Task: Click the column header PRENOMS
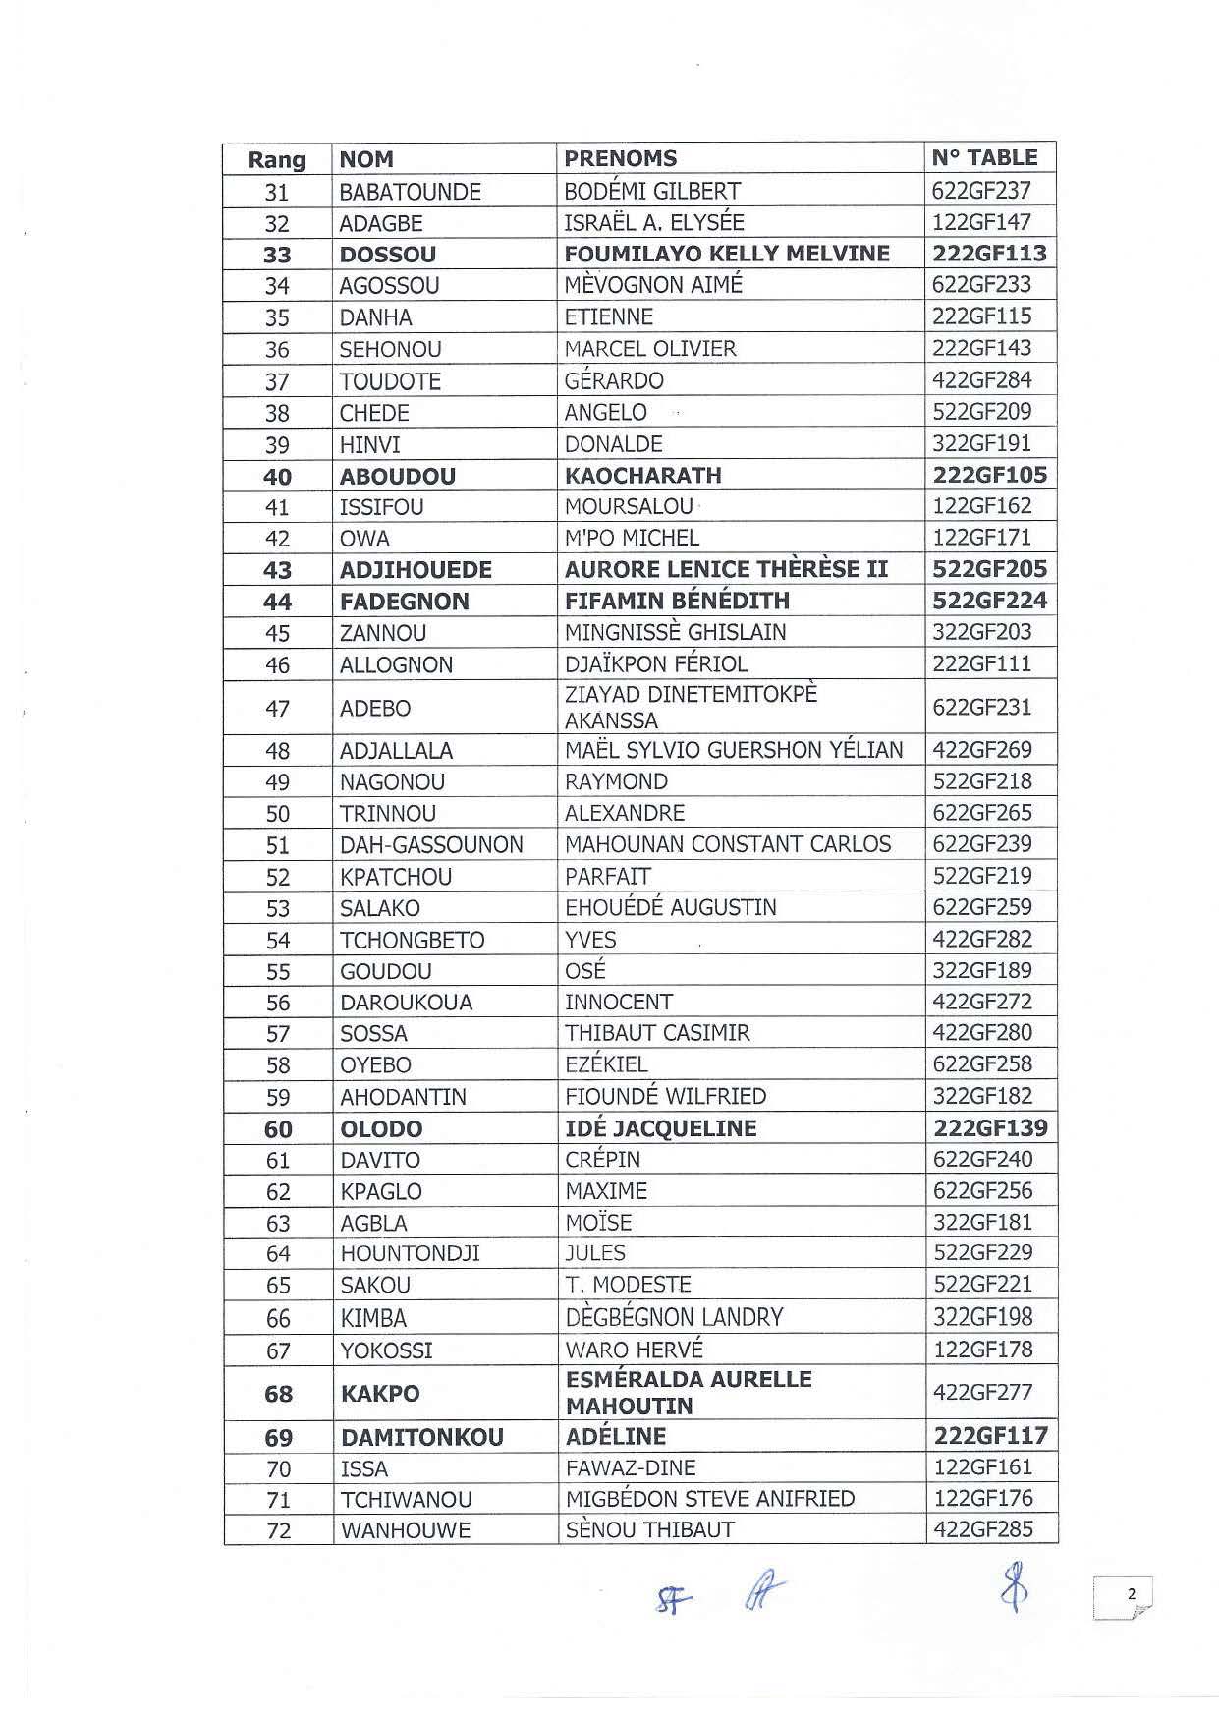(x=621, y=158)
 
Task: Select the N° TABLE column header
(x=984, y=158)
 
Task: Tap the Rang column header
(x=276, y=160)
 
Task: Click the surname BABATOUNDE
(x=410, y=192)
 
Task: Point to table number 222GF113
(x=989, y=254)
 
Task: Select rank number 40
(x=277, y=477)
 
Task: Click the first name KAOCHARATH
(x=642, y=476)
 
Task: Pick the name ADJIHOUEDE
(x=416, y=570)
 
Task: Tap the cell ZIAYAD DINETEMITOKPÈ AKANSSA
(x=691, y=707)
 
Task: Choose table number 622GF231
(x=981, y=707)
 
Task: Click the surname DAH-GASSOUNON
(x=431, y=845)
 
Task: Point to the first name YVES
(x=590, y=940)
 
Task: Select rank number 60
(x=278, y=1129)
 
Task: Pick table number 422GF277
(x=982, y=1393)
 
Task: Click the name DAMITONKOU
(x=421, y=1438)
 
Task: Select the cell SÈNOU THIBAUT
(x=649, y=1530)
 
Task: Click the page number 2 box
(x=1122, y=1596)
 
